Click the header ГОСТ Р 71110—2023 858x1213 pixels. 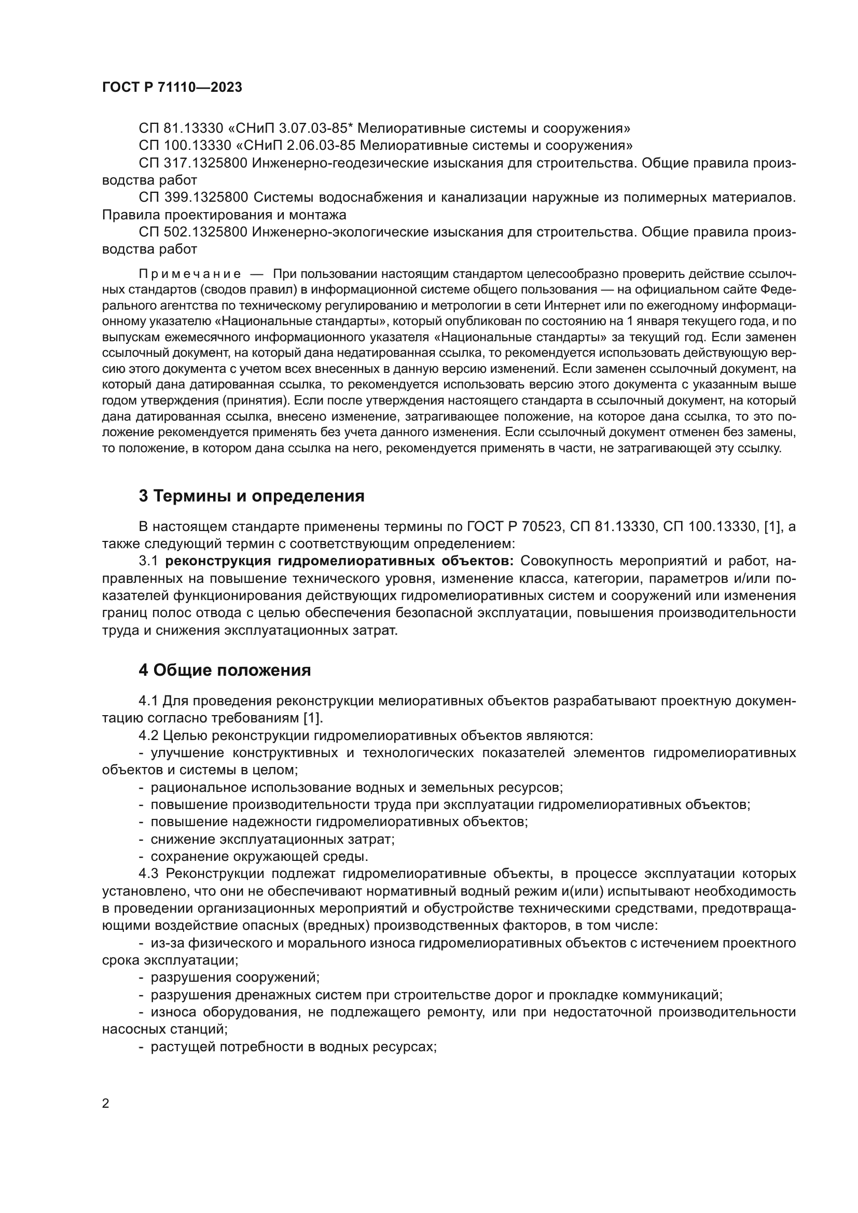(172, 88)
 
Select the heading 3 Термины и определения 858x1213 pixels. (252, 496)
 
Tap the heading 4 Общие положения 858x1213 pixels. (225, 671)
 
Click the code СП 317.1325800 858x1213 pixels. (193, 163)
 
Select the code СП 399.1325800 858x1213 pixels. (193, 198)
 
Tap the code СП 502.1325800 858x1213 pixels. (193, 232)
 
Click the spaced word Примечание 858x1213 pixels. (190, 274)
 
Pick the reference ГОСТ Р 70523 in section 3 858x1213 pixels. (514, 526)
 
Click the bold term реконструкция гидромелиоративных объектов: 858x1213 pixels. (339, 561)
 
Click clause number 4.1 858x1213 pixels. (148, 701)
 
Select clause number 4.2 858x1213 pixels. (148, 735)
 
